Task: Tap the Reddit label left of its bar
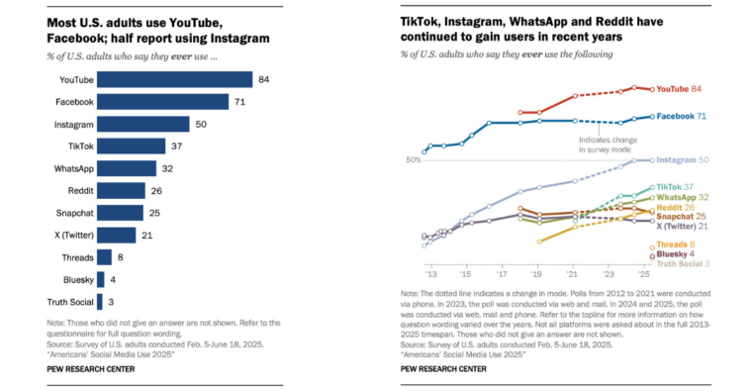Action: pyautogui.click(x=79, y=190)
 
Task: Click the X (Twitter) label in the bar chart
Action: pyautogui.click(x=70, y=235)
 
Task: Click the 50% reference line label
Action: pyautogui.click(x=413, y=160)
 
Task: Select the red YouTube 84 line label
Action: pyautogui.click(x=680, y=90)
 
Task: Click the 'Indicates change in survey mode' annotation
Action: pyautogui.click(x=609, y=145)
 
